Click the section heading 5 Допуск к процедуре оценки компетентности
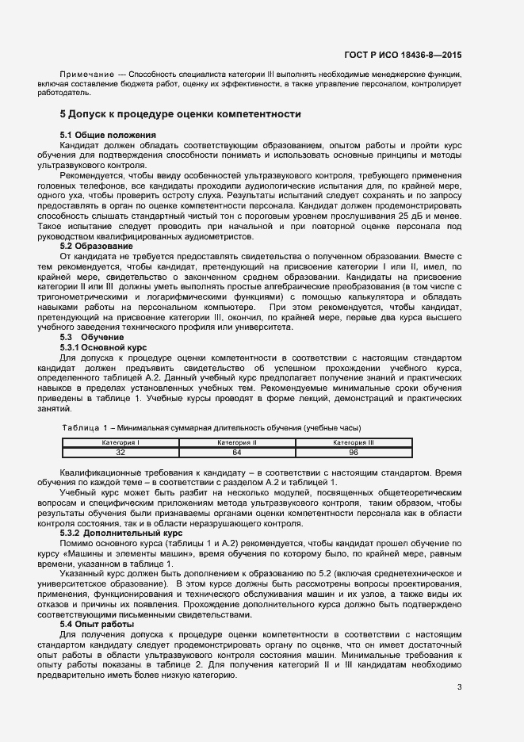180,114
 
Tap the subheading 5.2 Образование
97,247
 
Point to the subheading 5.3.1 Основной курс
104,348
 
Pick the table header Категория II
237,442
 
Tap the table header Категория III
353,442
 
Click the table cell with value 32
121,453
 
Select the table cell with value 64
237,453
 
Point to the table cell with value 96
353,453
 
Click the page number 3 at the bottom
459,687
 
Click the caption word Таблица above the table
79,428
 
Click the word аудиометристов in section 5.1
237,236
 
